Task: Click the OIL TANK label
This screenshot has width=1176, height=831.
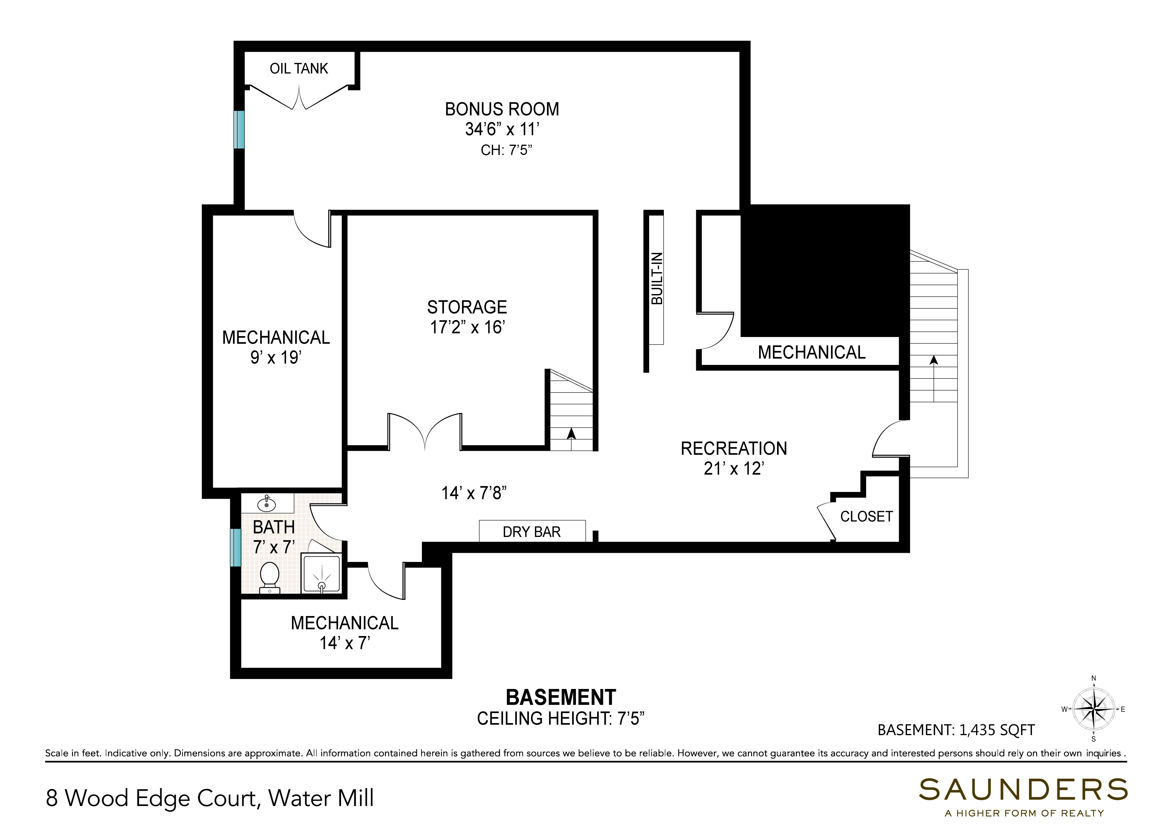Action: [299, 69]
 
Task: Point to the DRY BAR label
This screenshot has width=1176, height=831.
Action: [532, 532]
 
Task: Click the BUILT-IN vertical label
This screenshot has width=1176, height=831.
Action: [657, 278]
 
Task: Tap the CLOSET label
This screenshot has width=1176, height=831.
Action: [866, 516]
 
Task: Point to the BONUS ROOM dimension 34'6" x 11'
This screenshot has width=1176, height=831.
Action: [502, 129]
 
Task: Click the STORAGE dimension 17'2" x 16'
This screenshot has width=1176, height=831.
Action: [467, 327]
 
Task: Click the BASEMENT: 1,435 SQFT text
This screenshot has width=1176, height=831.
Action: [956, 730]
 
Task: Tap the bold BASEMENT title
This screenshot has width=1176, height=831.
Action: [561, 697]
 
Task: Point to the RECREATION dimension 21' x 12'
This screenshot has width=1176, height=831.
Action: [734, 468]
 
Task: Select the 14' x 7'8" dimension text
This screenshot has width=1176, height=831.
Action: [474, 493]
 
